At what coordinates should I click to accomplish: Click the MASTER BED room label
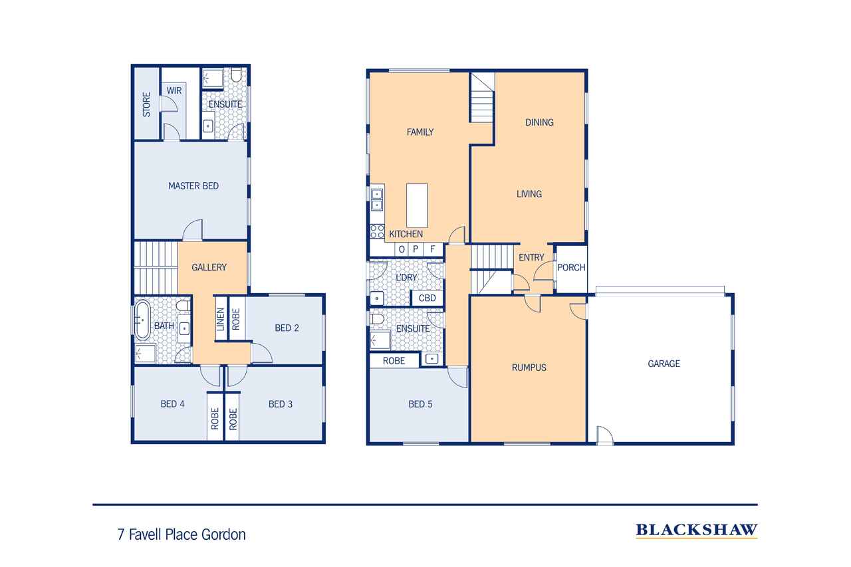193,186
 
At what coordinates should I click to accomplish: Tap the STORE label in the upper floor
146,105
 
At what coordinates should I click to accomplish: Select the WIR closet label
174,90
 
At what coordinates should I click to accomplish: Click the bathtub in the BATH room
143,320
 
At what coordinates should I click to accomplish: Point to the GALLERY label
209,267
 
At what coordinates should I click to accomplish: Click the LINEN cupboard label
220,320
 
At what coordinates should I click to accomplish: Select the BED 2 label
286,328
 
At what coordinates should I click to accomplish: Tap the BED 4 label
173,403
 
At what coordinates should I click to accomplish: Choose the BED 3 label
281,403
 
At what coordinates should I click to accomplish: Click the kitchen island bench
417,205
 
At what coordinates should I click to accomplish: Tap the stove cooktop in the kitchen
377,231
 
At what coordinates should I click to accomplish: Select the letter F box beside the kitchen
433,249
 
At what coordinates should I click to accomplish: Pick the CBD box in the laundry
427,298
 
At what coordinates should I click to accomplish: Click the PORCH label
571,268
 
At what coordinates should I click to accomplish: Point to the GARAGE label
664,364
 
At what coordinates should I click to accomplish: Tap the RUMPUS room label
529,367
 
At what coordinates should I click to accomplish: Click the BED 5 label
420,403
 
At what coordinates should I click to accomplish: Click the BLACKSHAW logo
696,530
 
